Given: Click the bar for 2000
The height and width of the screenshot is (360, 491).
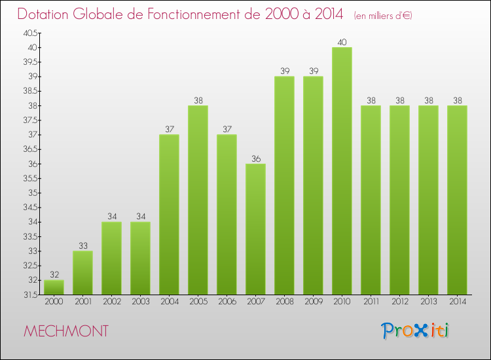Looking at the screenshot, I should [x=54, y=287].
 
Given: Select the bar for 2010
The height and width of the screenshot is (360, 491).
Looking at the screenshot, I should [x=342, y=171].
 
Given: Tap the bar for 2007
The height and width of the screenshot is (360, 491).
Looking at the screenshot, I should [x=255, y=229].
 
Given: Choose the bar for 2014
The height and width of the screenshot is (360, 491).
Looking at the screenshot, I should [x=457, y=200].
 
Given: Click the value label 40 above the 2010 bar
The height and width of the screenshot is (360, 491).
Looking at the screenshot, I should [x=342, y=43].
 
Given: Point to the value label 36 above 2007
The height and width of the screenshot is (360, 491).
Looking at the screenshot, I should [x=255, y=158].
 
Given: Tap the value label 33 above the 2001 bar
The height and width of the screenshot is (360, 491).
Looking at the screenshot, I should [x=82, y=246].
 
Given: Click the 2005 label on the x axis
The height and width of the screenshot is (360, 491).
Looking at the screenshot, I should [x=198, y=302].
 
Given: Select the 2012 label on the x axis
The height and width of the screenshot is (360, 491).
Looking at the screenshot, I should [x=399, y=302].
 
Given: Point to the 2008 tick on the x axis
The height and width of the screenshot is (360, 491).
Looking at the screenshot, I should [x=284, y=302].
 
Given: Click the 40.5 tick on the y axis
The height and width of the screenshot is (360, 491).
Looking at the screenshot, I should [x=30, y=33].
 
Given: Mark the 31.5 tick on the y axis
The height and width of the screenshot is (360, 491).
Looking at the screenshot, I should [x=30, y=295].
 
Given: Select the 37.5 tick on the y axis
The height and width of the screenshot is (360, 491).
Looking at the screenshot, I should [x=30, y=120].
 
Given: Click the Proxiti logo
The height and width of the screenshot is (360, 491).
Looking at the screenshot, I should [x=415, y=331].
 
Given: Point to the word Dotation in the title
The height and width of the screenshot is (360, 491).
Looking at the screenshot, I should [x=45, y=14].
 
